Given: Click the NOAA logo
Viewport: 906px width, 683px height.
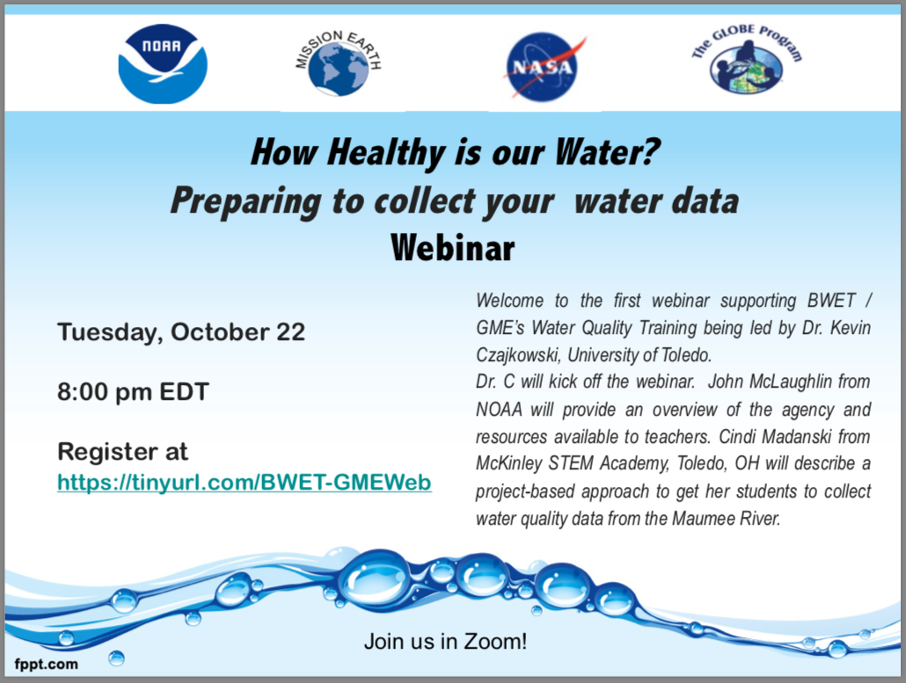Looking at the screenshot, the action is [163, 63].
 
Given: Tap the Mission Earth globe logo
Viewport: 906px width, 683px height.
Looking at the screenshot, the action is [338, 63].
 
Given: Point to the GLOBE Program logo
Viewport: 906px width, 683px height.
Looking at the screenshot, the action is [747, 60].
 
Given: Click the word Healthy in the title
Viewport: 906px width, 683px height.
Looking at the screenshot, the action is [385, 153].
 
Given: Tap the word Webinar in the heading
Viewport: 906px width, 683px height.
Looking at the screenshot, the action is [452, 248].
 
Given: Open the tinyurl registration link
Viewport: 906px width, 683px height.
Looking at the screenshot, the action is [245, 482].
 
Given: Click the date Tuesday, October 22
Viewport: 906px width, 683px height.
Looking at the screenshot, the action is [181, 332].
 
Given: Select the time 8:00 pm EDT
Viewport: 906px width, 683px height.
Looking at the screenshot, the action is [133, 392].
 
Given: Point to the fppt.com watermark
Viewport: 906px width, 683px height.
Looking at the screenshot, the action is [47, 664].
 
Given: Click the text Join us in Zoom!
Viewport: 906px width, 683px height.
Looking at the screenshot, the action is [445, 642].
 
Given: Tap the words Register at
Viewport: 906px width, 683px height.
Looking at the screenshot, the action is [122, 452].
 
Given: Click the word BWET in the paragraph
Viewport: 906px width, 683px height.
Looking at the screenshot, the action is [831, 301].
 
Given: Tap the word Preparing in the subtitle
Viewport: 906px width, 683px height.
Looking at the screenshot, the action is [246, 202].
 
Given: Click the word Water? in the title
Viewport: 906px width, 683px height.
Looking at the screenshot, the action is [607, 152].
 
